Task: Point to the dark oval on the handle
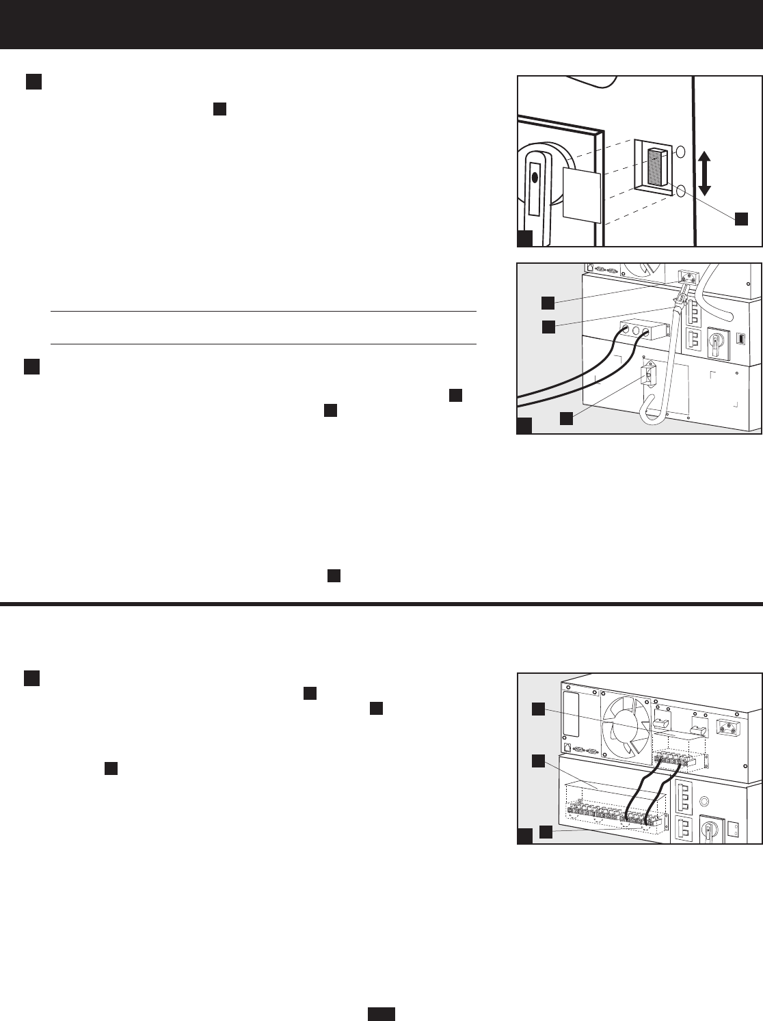(535, 179)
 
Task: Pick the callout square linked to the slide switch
(741, 219)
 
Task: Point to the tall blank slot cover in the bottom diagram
(572, 714)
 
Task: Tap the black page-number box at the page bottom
(382, 1013)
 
